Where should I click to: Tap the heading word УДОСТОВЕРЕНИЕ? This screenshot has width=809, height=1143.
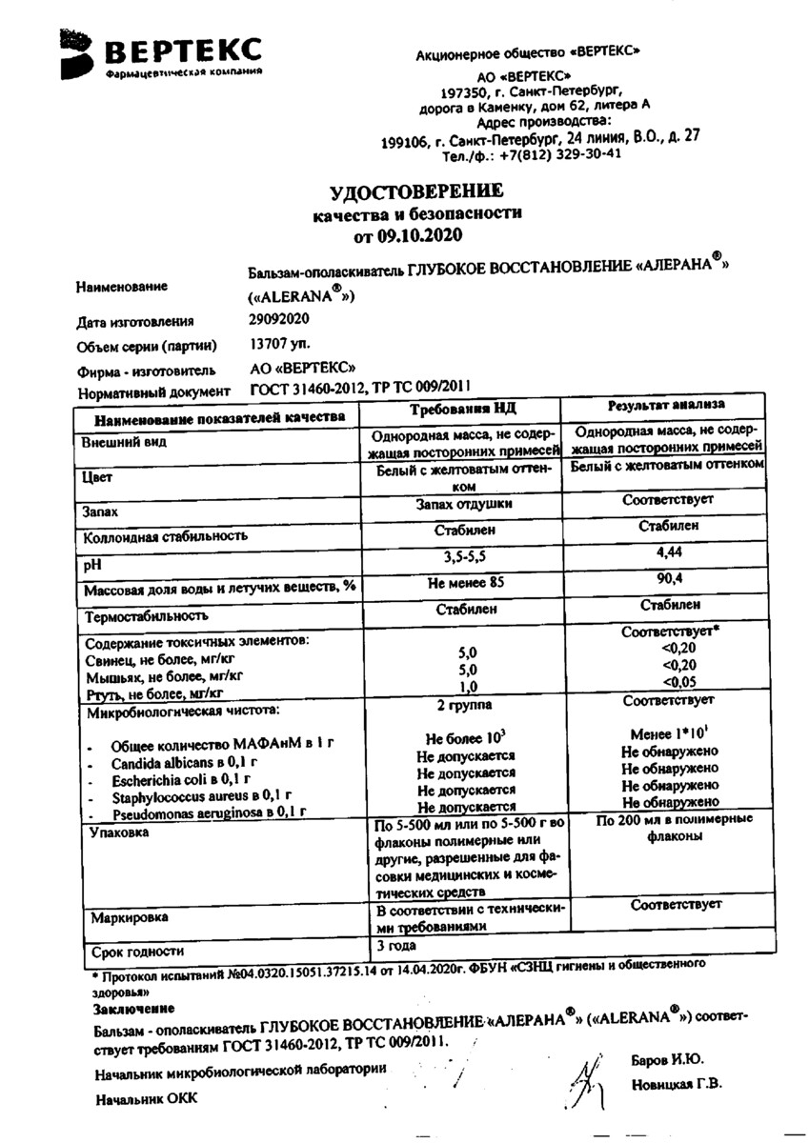coord(415,192)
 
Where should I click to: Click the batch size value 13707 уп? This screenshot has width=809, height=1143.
coord(279,344)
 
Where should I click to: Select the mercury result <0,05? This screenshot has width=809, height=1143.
coord(672,682)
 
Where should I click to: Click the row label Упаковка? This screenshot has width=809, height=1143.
coord(118,832)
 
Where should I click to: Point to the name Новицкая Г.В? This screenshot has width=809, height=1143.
coord(676,1083)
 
